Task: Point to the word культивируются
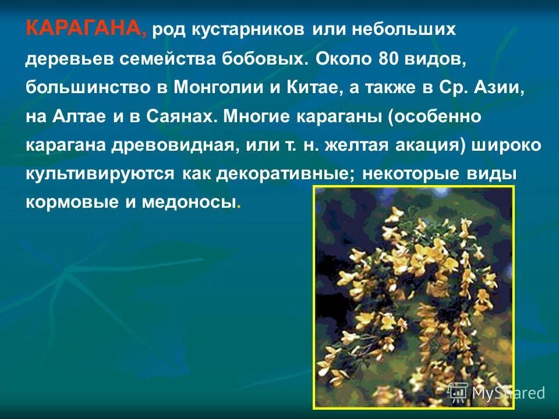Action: click(101, 173)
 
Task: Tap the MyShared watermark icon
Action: click(458, 392)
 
